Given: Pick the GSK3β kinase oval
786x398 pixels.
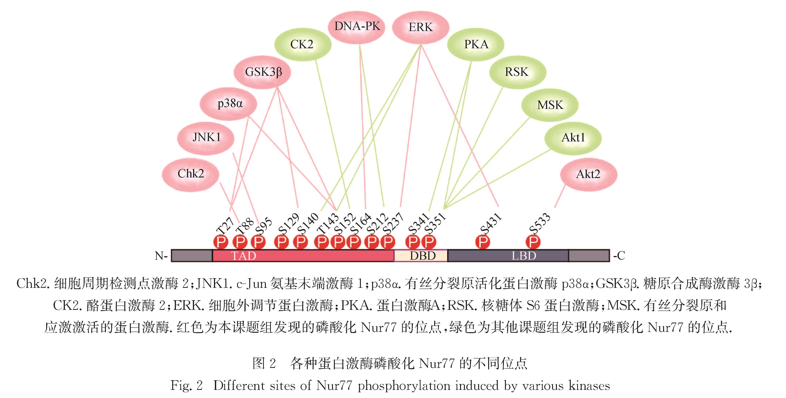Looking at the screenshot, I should (262, 72).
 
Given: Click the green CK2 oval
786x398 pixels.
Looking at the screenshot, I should (302, 45).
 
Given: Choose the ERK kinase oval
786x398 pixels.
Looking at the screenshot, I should (421, 28).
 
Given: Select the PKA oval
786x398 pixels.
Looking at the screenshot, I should (476, 45).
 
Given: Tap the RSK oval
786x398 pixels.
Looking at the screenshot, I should (517, 72).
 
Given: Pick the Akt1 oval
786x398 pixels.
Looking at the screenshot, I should (573, 138).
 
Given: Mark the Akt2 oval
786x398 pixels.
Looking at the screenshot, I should (588, 174).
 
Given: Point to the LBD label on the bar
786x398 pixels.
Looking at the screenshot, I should (524, 256).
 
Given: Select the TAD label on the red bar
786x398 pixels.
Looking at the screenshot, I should (244, 256).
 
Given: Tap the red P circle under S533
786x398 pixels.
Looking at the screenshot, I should (533, 242).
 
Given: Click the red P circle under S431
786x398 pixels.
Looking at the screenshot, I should (483, 242).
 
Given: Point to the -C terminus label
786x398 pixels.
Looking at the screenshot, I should (619, 256).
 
